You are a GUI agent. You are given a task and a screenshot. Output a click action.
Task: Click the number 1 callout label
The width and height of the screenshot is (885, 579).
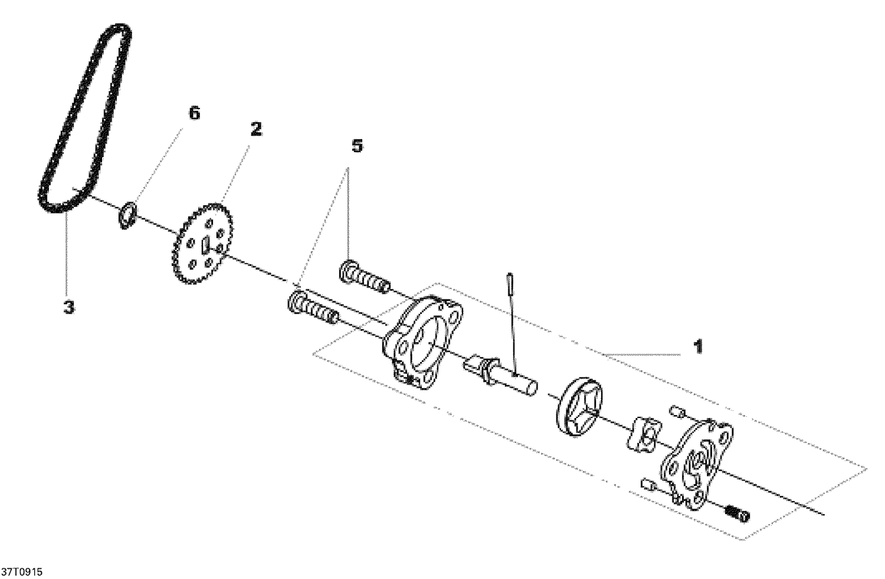point(697,347)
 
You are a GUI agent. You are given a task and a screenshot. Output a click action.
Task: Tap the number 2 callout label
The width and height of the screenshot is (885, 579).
point(255,130)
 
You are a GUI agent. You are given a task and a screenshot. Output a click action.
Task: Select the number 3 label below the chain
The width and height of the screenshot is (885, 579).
point(69,307)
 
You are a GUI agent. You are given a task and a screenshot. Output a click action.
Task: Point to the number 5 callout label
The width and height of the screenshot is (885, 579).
point(357,146)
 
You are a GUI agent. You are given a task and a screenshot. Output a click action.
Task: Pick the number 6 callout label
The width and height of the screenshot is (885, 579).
point(194,113)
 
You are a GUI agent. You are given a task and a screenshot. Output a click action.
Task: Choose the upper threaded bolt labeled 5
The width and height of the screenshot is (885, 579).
point(364,277)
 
